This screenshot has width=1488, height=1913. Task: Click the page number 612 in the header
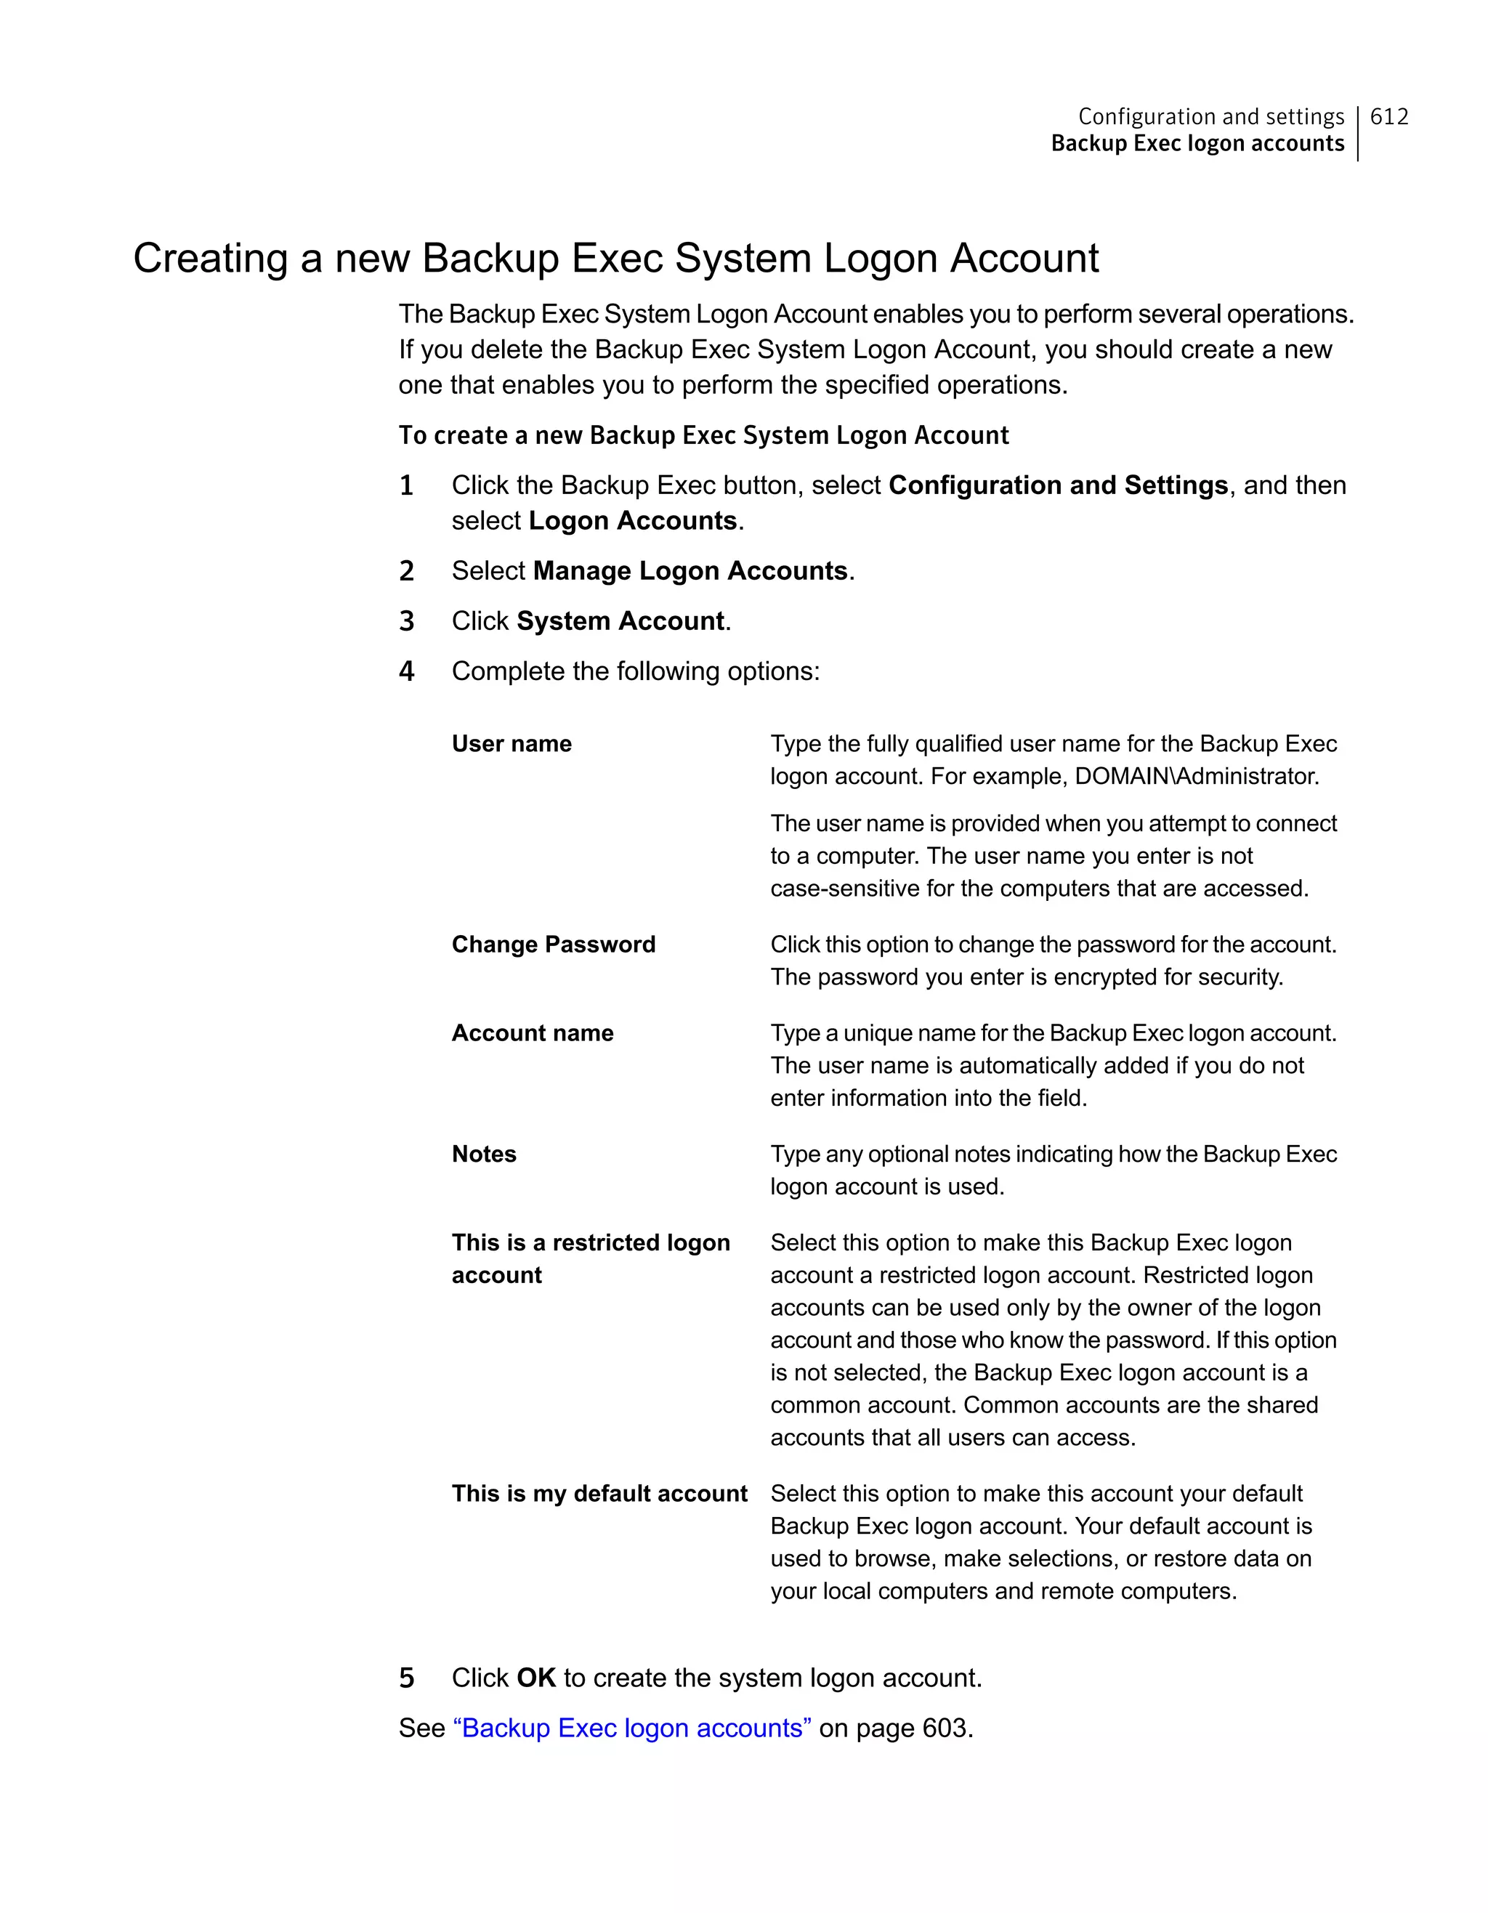tap(1389, 116)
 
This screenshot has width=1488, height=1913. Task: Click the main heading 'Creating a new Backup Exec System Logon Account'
tap(615, 259)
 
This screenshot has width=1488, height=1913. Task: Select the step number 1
tap(406, 485)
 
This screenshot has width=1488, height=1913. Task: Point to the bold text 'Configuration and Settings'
tap(1058, 485)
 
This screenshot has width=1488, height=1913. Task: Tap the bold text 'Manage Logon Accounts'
tap(690, 571)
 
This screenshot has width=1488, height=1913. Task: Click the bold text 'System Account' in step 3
tap(620, 621)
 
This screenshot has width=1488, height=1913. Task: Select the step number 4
tap(406, 672)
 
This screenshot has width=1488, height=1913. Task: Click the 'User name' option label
tap(511, 744)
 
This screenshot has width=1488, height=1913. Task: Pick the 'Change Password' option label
tap(554, 945)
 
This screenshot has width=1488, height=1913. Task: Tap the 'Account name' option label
tap(533, 1032)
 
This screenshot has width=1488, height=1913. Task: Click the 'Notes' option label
tap(483, 1154)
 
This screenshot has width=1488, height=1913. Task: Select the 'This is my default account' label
tap(599, 1494)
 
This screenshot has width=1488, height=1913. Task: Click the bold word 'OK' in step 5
tap(536, 1678)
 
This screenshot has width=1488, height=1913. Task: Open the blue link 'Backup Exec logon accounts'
tap(631, 1728)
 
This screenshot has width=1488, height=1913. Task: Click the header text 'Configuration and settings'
tap(1210, 116)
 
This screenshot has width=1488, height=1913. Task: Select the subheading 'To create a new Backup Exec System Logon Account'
tap(703, 435)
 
